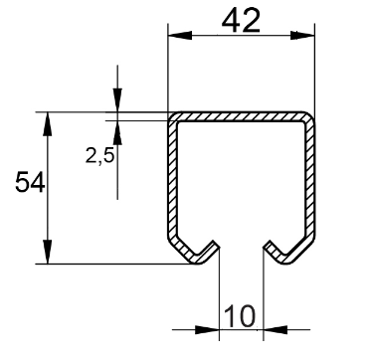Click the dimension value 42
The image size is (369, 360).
click(241, 21)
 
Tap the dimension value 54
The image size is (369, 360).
click(30, 182)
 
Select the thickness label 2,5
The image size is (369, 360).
click(99, 155)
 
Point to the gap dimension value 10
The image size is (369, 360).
click(240, 316)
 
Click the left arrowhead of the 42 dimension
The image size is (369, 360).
click(180, 36)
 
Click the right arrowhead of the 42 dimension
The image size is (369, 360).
click(302, 36)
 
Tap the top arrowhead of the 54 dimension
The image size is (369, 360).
click(48, 124)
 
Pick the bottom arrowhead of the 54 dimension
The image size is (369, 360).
click(48, 252)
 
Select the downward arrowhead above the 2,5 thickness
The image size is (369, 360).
click(117, 100)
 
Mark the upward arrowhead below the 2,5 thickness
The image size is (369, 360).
click(117, 132)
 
